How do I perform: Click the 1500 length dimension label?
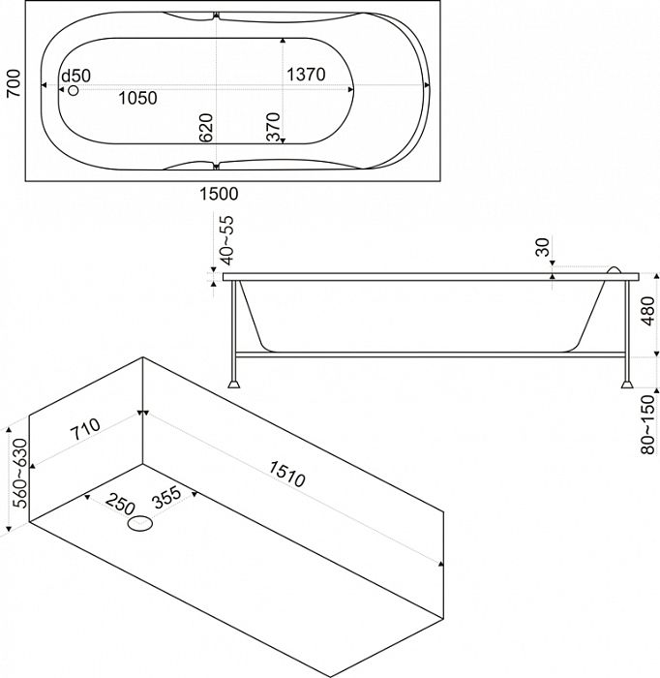click(x=218, y=193)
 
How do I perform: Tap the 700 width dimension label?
click(x=12, y=90)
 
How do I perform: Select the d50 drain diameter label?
click(x=75, y=76)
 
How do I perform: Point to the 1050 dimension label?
click(x=137, y=97)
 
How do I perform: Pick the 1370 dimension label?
click(x=305, y=75)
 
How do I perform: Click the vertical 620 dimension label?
click(x=205, y=128)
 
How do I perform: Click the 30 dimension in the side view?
click(x=542, y=248)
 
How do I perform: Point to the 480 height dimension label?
click(x=648, y=312)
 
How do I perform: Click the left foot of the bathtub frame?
click(x=234, y=384)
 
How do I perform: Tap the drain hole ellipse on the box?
click(x=141, y=526)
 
